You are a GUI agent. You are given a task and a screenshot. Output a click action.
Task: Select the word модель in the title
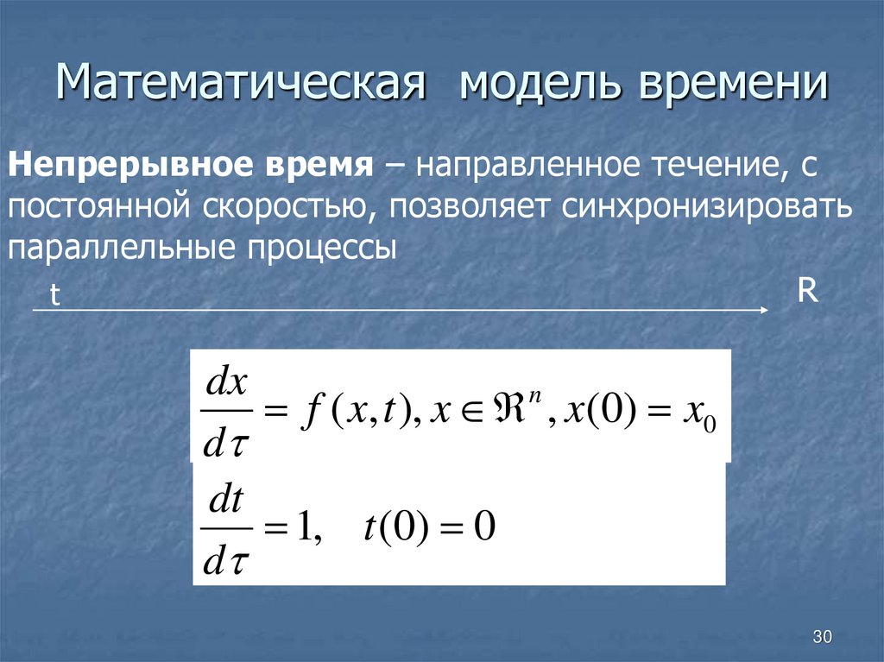532,88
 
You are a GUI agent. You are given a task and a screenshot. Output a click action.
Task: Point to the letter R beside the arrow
807,291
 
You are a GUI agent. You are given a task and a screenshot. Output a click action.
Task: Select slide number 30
822,638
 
